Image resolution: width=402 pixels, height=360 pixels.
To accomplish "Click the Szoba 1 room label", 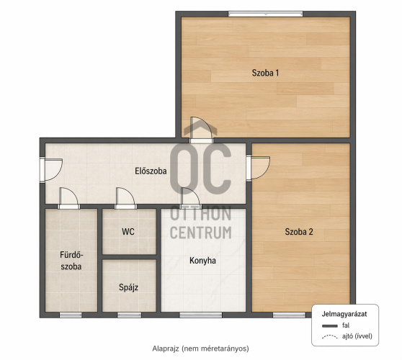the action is [265, 73].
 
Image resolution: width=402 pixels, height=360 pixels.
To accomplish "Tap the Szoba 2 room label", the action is [299, 232].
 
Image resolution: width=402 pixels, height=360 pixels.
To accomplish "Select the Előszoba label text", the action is [151, 171].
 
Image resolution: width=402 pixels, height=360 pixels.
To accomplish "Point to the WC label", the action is [128, 232].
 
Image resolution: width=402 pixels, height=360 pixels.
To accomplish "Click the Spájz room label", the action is [128, 287].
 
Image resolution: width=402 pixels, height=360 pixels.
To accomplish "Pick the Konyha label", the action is [202, 261].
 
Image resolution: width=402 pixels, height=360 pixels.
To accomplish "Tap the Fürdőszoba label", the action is [71, 261].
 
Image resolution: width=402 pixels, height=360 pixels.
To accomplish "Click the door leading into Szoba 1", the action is [201, 130].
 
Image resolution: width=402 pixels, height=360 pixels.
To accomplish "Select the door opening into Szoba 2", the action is [258, 168].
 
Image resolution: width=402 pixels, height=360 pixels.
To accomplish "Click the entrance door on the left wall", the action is [51, 170].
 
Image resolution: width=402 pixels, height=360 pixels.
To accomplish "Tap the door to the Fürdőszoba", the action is [68, 198].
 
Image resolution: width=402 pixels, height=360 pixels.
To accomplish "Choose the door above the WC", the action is [125, 198].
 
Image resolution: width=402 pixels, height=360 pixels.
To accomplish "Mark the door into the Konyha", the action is [190, 198].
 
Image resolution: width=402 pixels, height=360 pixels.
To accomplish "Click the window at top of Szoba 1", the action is [265, 14].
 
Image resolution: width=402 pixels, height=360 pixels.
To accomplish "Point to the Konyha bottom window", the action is [200, 315].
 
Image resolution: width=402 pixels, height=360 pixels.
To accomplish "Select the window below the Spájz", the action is [129, 315].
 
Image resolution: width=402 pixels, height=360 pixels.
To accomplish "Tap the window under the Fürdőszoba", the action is [71, 315].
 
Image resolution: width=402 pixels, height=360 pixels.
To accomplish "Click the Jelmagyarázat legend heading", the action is [344, 314].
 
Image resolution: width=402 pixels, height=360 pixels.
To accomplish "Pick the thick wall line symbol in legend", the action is [330, 326].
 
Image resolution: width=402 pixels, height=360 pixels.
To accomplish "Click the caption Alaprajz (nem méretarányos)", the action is [200, 348].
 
